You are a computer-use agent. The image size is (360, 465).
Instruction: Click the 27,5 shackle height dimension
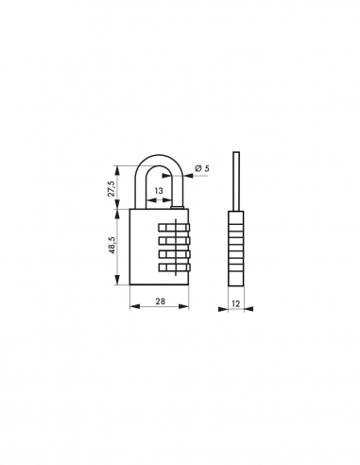[x=111, y=187]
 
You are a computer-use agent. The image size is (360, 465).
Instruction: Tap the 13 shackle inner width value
[x=158, y=190]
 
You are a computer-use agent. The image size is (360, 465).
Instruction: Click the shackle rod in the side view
[x=235, y=180]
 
